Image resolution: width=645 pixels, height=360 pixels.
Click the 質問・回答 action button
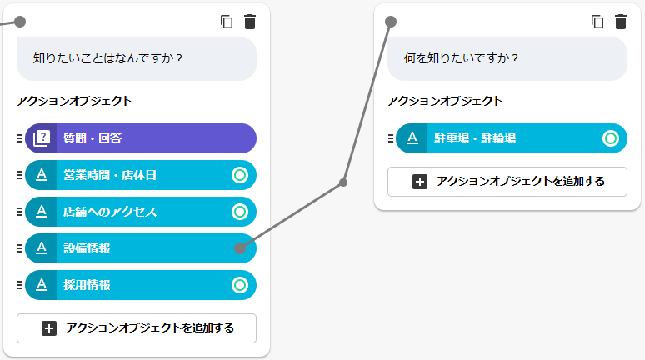(x=141, y=138)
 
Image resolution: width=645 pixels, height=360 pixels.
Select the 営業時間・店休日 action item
(x=141, y=175)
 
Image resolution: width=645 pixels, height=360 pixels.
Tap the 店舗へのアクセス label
(x=110, y=212)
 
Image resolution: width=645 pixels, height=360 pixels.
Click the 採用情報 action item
(x=141, y=285)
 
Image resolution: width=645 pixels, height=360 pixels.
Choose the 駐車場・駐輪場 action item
(x=512, y=138)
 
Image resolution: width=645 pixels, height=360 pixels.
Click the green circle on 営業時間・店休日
(x=240, y=175)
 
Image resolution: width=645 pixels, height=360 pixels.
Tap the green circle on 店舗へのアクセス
(x=240, y=212)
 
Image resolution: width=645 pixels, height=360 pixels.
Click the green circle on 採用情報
(x=240, y=285)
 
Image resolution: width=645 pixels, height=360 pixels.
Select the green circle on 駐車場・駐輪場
(x=611, y=138)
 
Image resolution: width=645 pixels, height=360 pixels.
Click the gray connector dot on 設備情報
(x=240, y=248)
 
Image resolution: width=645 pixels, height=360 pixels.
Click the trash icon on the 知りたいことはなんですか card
(x=250, y=22)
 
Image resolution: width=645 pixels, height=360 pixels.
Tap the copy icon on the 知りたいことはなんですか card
(x=227, y=22)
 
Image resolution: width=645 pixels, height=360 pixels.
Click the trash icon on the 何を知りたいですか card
(x=621, y=22)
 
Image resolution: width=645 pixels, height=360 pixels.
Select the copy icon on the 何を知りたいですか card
(x=597, y=22)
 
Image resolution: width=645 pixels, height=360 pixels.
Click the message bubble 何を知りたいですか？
(x=507, y=58)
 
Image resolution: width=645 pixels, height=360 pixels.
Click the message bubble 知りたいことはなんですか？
(x=137, y=58)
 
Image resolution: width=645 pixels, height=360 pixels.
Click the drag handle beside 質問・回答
(x=20, y=138)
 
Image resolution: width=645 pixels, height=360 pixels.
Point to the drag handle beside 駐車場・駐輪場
(x=391, y=138)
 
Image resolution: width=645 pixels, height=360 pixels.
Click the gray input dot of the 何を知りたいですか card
(x=391, y=22)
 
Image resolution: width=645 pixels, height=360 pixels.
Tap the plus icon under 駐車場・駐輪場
(x=420, y=182)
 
